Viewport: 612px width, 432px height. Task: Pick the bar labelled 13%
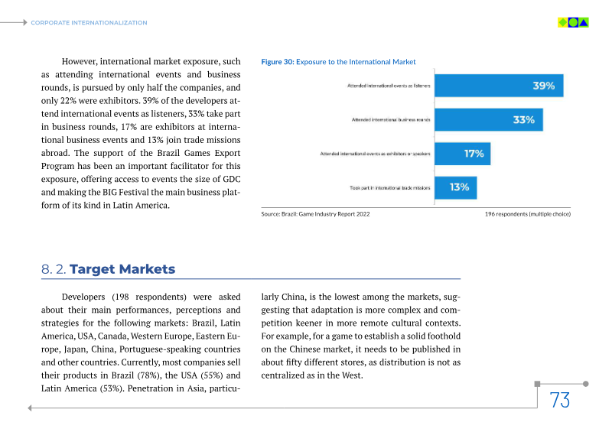(455, 187)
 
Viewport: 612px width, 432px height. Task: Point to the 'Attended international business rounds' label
(391, 120)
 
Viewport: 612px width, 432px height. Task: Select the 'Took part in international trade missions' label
(389, 187)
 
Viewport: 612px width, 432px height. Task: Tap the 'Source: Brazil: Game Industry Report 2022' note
(315, 215)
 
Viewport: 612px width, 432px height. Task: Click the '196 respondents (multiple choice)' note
(527, 215)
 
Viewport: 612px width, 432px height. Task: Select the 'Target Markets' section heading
(123, 269)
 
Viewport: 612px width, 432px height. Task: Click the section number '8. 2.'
(54, 269)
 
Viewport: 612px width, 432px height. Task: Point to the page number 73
(560, 400)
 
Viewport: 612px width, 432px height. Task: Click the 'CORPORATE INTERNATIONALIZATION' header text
(89, 23)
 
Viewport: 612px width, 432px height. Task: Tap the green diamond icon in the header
(562, 22)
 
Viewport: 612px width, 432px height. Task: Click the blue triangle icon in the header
(584, 22)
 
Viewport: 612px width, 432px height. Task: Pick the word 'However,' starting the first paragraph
(79, 61)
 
